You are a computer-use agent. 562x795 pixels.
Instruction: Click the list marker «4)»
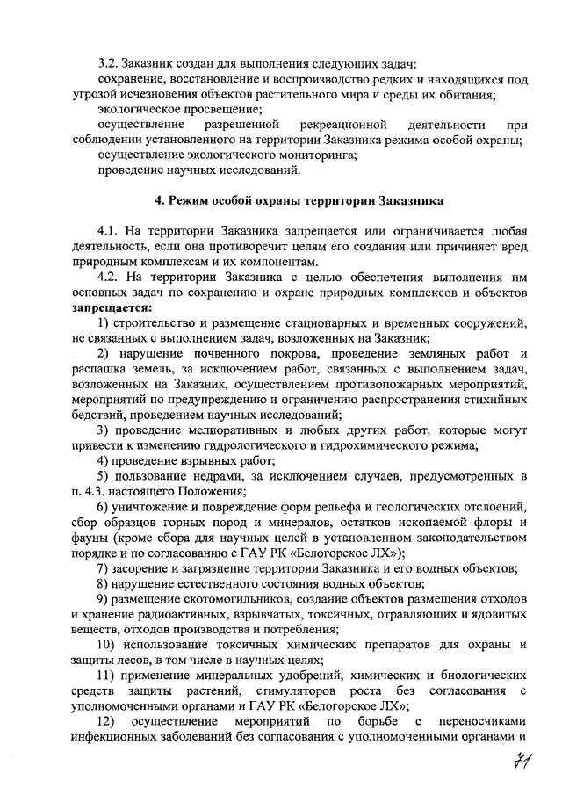coord(104,461)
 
